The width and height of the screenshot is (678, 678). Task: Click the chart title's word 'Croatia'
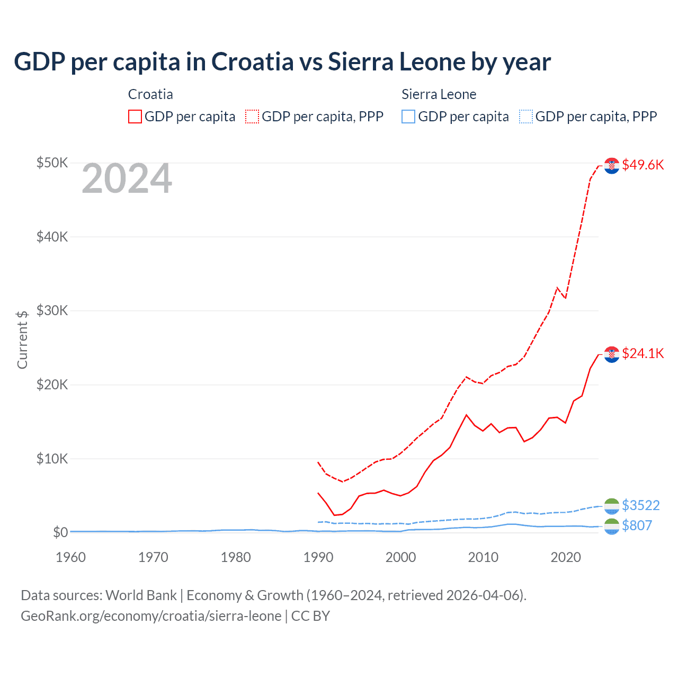point(252,62)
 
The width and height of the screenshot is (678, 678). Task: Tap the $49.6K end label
point(643,165)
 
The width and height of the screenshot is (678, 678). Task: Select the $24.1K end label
point(643,353)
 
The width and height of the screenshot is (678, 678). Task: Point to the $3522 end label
point(640,505)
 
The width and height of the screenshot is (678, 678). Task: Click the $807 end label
point(637,525)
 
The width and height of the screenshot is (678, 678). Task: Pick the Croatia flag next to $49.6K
point(612,165)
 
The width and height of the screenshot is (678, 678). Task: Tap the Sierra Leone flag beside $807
point(612,526)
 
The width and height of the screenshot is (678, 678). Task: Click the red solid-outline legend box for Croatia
point(135,117)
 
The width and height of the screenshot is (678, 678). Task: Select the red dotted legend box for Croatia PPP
point(252,117)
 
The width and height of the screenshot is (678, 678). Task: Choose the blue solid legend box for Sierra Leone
point(408,117)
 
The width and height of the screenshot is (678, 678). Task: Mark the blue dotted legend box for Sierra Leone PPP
point(526,117)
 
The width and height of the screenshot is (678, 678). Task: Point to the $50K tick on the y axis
point(52,163)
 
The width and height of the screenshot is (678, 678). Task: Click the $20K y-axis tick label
point(52,385)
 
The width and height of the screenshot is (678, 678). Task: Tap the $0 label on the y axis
point(60,532)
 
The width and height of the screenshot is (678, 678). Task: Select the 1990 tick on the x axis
point(318,557)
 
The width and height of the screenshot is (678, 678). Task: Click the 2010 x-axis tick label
point(483,557)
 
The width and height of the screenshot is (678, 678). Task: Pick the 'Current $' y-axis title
point(22,340)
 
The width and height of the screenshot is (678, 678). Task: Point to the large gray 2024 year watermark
point(127,179)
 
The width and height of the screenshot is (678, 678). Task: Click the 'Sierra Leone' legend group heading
point(439,94)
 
